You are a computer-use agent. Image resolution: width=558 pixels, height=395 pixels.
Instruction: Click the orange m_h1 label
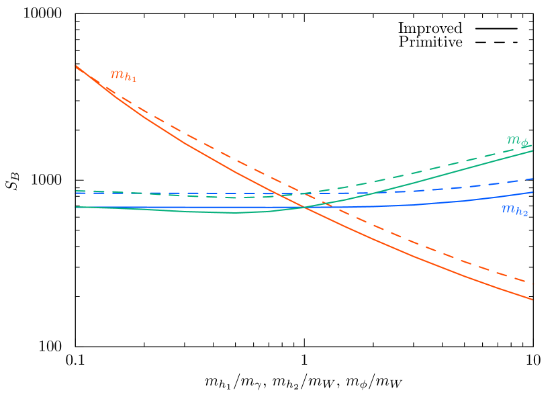[x=123, y=76]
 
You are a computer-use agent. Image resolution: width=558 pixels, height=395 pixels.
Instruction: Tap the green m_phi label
[x=518, y=141]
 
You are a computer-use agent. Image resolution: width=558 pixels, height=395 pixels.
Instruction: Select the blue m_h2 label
[x=514, y=210]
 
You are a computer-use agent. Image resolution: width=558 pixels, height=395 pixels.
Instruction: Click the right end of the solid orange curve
[x=533, y=300]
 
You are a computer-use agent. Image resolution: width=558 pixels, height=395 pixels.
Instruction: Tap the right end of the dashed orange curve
[x=533, y=283]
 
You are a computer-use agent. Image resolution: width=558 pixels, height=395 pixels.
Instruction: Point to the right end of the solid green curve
[x=533, y=150]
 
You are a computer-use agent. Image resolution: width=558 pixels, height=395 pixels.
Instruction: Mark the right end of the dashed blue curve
[x=533, y=179]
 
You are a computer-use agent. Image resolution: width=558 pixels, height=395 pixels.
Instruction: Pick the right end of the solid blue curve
[x=533, y=192]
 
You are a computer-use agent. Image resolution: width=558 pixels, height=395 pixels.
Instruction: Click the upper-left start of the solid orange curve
[x=76, y=66]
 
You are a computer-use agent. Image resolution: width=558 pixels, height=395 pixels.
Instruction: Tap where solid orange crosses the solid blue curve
[x=306, y=207]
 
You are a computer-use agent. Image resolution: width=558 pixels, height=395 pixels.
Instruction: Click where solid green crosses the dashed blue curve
[x=367, y=193]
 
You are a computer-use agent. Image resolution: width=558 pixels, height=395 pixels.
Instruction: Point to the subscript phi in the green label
[x=525, y=144]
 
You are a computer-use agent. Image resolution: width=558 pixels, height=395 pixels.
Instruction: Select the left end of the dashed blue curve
[x=77, y=193]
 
